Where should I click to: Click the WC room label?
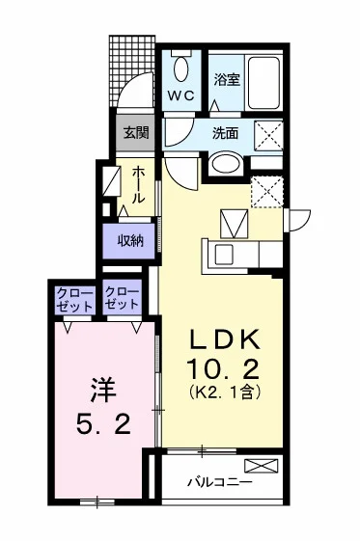click(181, 95)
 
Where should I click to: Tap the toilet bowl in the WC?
click(181, 69)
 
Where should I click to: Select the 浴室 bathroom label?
click(227, 80)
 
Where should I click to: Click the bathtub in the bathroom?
click(264, 83)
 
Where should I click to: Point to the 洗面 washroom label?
click(226, 133)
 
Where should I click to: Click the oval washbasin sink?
click(226, 164)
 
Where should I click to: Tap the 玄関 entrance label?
click(136, 132)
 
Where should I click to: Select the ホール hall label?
click(138, 184)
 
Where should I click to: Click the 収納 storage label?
click(129, 240)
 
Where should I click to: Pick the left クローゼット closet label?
click(75, 300)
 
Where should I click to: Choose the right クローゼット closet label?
click(123, 298)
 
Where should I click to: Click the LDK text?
click(224, 340)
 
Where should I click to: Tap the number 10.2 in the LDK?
click(223, 368)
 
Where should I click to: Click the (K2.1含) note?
click(224, 392)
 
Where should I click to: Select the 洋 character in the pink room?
click(102, 391)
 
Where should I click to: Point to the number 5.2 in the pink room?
click(103, 424)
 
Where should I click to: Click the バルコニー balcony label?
click(219, 482)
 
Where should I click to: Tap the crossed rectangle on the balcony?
click(262, 466)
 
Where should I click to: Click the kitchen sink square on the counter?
click(224, 255)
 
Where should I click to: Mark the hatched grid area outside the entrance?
click(132, 70)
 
